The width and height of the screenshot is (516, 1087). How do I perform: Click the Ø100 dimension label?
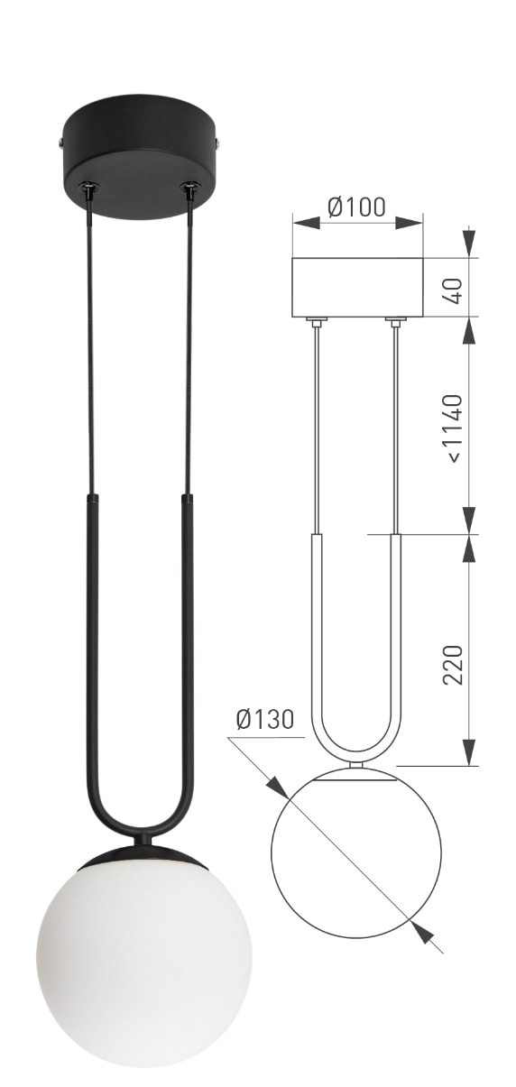point(356,207)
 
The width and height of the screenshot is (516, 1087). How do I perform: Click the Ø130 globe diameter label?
point(265,719)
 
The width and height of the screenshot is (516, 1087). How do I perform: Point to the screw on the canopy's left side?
point(60,142)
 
